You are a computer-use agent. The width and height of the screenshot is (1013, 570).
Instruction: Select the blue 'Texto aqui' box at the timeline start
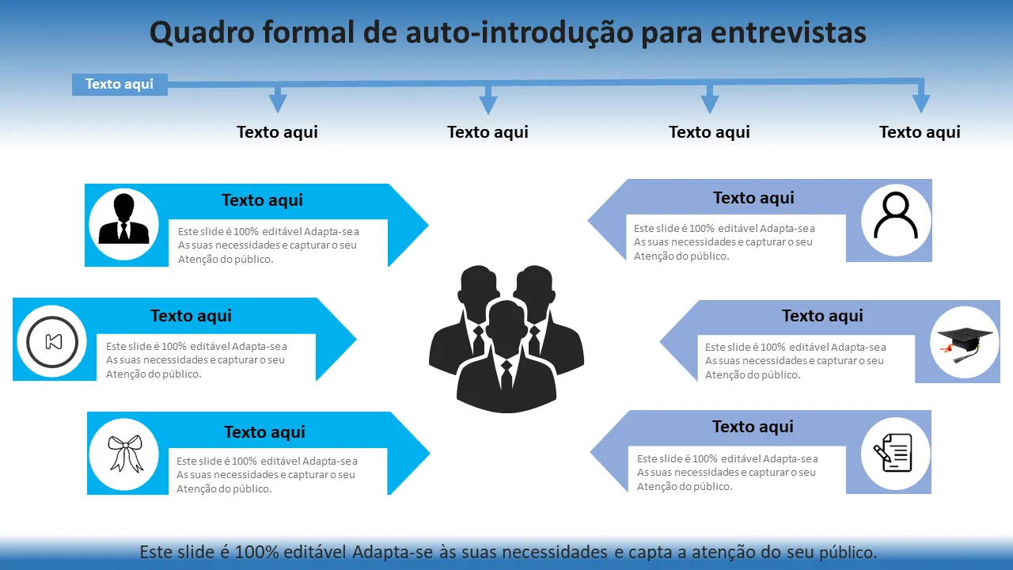120,84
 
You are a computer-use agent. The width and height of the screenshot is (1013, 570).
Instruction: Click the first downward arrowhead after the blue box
277,103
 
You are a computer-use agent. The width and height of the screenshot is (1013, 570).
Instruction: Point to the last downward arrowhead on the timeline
920,103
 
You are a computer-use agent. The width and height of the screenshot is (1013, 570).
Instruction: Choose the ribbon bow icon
125,454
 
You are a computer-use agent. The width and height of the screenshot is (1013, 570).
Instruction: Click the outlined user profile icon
896,215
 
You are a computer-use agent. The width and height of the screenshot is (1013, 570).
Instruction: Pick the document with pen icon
894,454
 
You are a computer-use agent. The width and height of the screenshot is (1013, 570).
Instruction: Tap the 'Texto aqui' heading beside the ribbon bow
264,432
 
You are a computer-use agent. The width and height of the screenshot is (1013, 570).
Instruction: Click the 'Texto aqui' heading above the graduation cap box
822,316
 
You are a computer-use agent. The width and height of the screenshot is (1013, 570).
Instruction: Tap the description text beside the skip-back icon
196,360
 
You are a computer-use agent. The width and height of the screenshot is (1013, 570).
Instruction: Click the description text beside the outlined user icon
723,242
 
